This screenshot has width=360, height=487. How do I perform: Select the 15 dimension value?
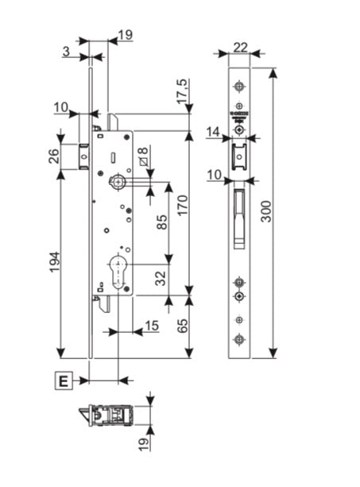[151, 326]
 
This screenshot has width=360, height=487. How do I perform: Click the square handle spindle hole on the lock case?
[118, 183]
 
